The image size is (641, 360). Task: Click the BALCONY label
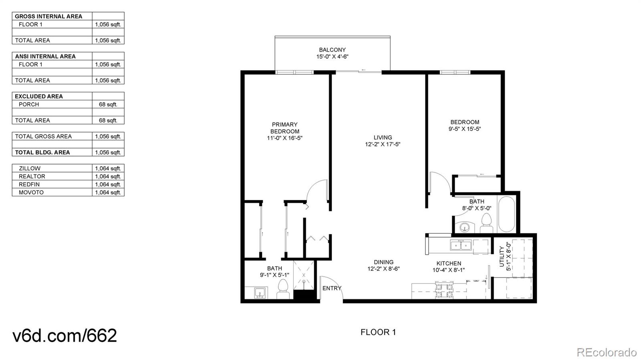[332, 50]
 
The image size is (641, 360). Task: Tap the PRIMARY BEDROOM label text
[284, 128]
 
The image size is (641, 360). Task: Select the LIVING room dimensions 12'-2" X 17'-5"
[383, 144]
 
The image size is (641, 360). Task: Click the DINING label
[383, 262]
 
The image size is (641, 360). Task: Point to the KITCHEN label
[449, 263]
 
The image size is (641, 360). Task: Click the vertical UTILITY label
[502, 256]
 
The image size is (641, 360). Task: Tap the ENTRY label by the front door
[332, 288]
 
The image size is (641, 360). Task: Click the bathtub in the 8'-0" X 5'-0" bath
[506, 214]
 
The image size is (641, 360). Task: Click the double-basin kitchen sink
[461, 245]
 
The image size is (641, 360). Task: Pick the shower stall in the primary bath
[304, 275]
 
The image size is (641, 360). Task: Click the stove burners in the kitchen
[444, 290]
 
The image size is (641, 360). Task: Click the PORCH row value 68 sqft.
[108, 105]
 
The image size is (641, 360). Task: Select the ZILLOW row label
[30, 169]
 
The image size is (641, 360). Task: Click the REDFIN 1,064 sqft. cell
[108, 185]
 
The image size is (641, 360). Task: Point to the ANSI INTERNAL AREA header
[45, 56]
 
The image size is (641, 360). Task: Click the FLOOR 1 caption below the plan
[378, 332]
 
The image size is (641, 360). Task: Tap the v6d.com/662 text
[65, 336]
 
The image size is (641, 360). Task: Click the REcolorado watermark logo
[606, 352]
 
